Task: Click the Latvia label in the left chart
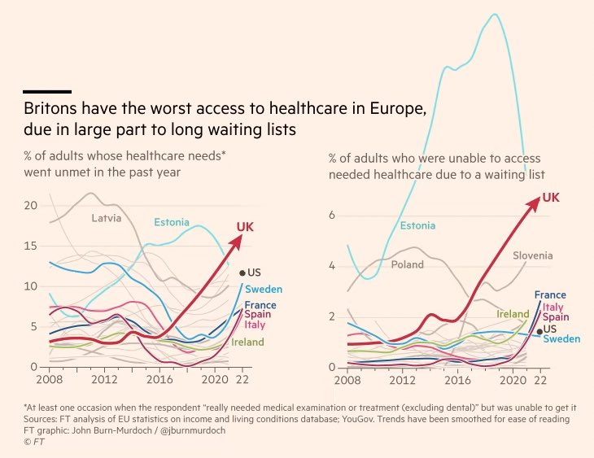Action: (106, 217)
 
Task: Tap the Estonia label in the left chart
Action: (172, 222)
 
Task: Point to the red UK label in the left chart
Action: (245, 226)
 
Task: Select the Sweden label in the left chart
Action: (264, 290)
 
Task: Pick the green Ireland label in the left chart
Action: (247, 342)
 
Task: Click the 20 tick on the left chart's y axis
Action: (31, 206)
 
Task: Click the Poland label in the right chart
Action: (407, 264)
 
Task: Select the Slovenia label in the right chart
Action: (532, 255)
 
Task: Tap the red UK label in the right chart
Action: (551, 197)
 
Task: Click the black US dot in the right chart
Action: (539, 331)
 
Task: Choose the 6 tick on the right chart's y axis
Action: (332, 216)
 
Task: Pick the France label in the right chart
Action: (550, 295)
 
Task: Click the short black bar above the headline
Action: (47, 92)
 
